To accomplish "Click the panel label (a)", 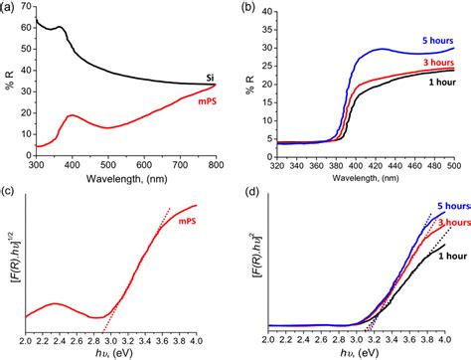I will pyautogui.click(x=10, y=7).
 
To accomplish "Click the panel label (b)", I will pyautogui.click(x=250, y=7).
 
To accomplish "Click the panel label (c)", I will pyautogui.click(x=10, y=188).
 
